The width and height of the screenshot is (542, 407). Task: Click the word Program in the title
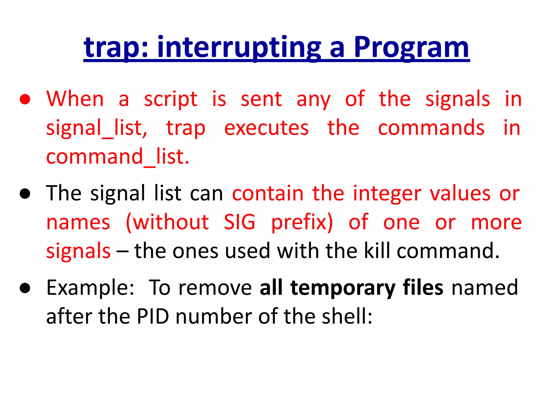point(411,48)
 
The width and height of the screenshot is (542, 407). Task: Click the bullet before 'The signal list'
point(25,194)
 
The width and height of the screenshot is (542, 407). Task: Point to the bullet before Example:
point(25,288)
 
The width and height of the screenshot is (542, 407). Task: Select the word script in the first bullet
point(170,99)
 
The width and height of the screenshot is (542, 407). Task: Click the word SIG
point(240,222)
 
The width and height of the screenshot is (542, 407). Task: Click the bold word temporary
point(343,288)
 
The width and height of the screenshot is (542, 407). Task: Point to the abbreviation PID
point(153,316)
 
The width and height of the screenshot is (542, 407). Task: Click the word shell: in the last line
point(347,316)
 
